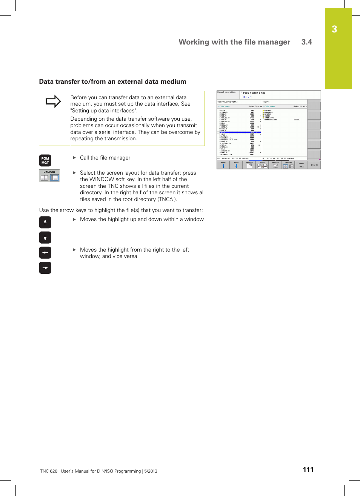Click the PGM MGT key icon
(x=45, y=161)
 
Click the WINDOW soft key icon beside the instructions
(x=49, y=176)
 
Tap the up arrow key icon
(x=45, y=222)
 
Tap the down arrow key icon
(x=45, y=237)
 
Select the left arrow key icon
(x=45, y=253)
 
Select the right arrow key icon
(x=45, y=268)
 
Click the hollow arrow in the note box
(x=53, y=101)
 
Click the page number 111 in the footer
(x=308, y=470)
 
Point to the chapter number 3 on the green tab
(x=334, y=29)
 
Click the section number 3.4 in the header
(x=306, y=42)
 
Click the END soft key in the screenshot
(x=314, y=165)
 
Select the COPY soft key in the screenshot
(x=262, y=165)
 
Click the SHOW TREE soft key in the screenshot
(x=302, y=165)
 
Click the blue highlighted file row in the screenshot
(x=240, y=132)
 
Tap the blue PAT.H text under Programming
(x=246, y=97)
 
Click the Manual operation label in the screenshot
(x=226, y=92)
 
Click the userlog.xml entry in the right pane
(x=271, y=120)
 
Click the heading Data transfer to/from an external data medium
(x=112, y=81)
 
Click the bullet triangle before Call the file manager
(x=74, y=158)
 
